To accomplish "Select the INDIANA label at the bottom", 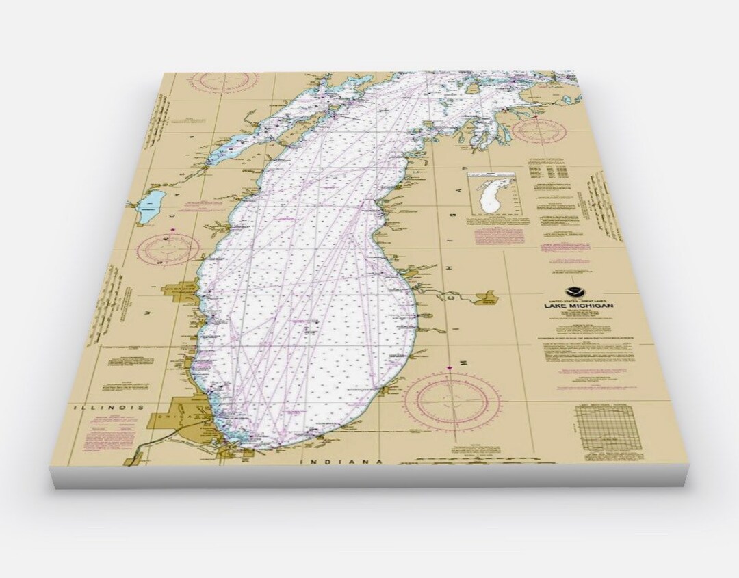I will (341, 462).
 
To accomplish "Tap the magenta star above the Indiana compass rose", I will (450, 369).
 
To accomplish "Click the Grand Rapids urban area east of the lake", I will (487, 298).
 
